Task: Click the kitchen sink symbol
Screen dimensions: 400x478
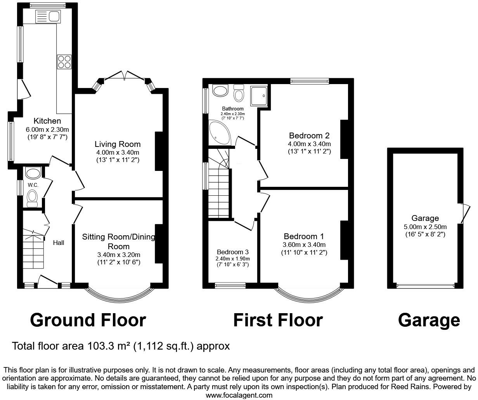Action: click(x=48, y=16)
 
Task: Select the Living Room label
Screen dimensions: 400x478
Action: click(x=118, y=145)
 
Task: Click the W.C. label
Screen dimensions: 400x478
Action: click(x=33, y=185)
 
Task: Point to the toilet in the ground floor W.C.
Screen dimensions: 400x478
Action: click(x=32, y=197)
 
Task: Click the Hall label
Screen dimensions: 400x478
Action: click(x=59, y=243)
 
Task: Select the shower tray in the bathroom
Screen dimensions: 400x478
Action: click(x=260, y=95)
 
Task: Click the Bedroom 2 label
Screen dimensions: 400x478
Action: click(x=309, y=136)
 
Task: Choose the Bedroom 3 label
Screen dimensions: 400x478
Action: click(x=233, y=252)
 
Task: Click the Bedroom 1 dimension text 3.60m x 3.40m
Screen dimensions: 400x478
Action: click(x=304, y=245)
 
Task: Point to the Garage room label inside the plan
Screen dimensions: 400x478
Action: click(x=425, y=218)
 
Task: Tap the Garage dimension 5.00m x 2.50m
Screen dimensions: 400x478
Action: click(x=425, y=227)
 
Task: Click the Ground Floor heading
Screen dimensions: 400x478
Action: click(x=88, y=320)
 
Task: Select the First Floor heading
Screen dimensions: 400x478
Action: click(x=278, y=320)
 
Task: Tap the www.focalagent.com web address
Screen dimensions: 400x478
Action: click(x=239, y=395)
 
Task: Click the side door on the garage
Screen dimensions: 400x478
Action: click(x=462, y=213)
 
